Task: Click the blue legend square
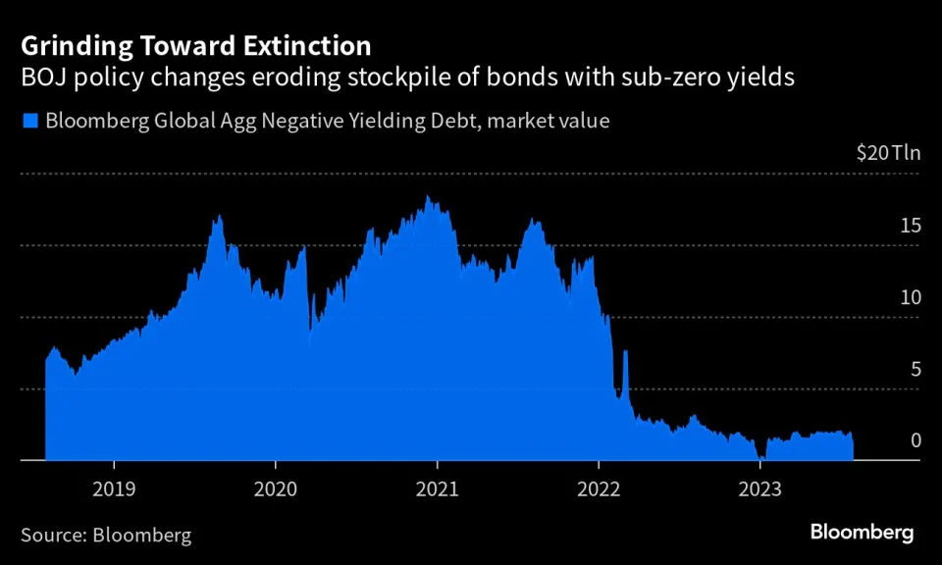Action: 28,122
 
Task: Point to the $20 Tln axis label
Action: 887,153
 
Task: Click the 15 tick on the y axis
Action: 912,226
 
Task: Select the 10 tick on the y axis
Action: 912,297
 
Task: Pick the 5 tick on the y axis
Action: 916,370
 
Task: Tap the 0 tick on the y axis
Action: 916,440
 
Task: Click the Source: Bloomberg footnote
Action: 106,536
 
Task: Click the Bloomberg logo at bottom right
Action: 862,533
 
